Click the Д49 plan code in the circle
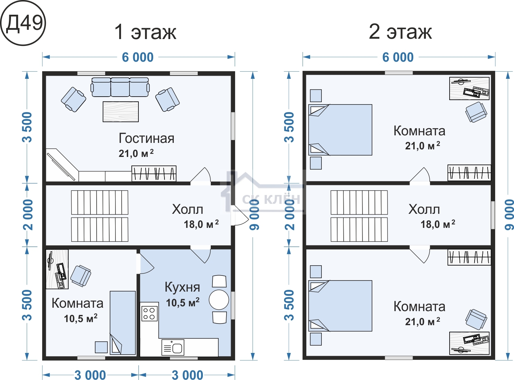tap(24, 24)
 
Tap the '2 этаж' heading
tap(400, 32)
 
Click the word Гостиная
tap(146, 138)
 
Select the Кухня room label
tap(182, 287)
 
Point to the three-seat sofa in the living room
tap(120, 87)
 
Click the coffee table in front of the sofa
tap(121, 112)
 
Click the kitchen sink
tap(173, 347)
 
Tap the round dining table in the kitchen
tap(219, 300)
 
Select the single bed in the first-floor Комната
tap(123, 323)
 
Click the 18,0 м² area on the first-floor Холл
tap(201, 224)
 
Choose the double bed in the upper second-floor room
tap(340, 130)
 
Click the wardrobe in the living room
tap(154, 173)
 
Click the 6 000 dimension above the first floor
tap(138, 57)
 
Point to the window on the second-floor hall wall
tap(493, 215)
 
